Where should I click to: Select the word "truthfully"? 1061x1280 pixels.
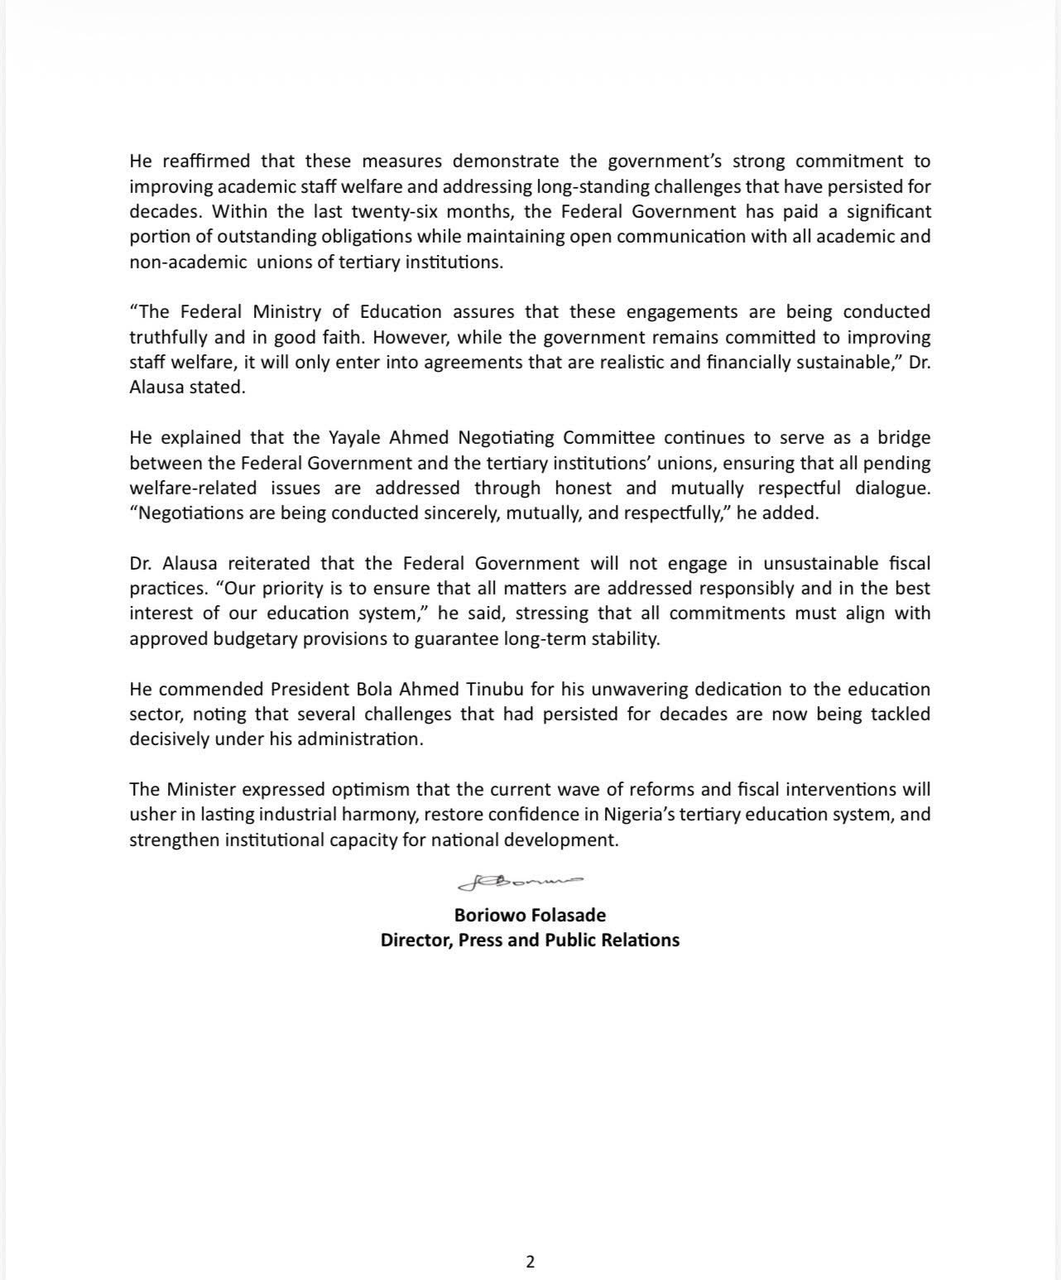pyautogui.click(x=170, y=337)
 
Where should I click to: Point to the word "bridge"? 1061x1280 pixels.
pyautogui.click(x=904, y=438)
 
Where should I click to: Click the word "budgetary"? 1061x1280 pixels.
pyautogui.click(x=253, y=639)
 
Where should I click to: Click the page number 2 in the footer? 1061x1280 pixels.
pyautogui.click(x=530, y=1262)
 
